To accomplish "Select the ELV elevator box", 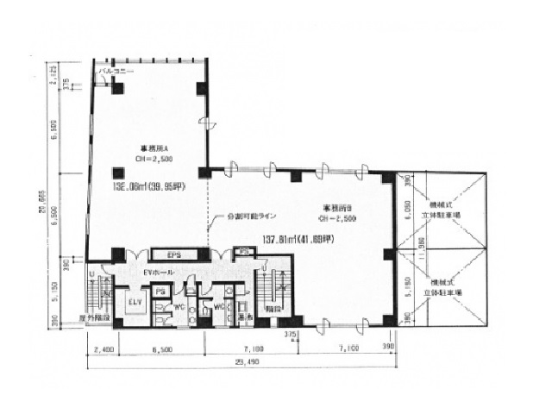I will (134, 303).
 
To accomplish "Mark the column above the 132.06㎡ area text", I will (117, 171).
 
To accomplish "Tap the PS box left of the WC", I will (160, 292).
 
